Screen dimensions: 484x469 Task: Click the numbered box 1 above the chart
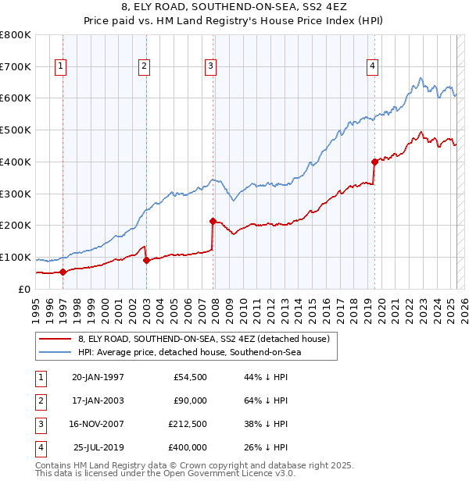click(x=61, y=66)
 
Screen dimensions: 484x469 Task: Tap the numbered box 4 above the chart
click(x=374, y=66)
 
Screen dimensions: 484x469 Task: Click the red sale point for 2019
click(x=374, y=162)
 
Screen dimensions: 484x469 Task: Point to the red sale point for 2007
click(x=213, y=221)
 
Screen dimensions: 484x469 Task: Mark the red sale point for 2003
click(x=146, y=260)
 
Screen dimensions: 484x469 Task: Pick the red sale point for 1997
click(x=63, y=272)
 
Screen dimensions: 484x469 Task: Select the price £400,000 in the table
click(x=188, y=447)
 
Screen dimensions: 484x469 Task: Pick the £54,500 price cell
click(x=190, y=377)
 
